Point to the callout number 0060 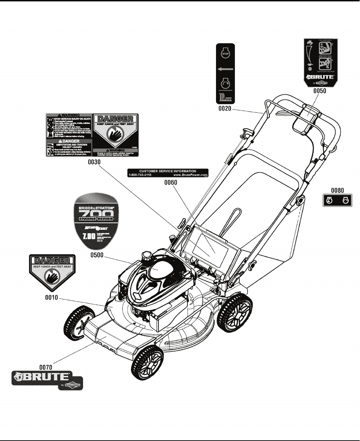pos(170,183)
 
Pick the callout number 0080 pos(337,190)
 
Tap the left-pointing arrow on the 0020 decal pos(225,69)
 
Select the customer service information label pos(168,173)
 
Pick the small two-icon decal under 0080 pos(337,201)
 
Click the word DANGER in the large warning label pos(115,118)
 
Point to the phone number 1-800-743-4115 pos(140,175)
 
